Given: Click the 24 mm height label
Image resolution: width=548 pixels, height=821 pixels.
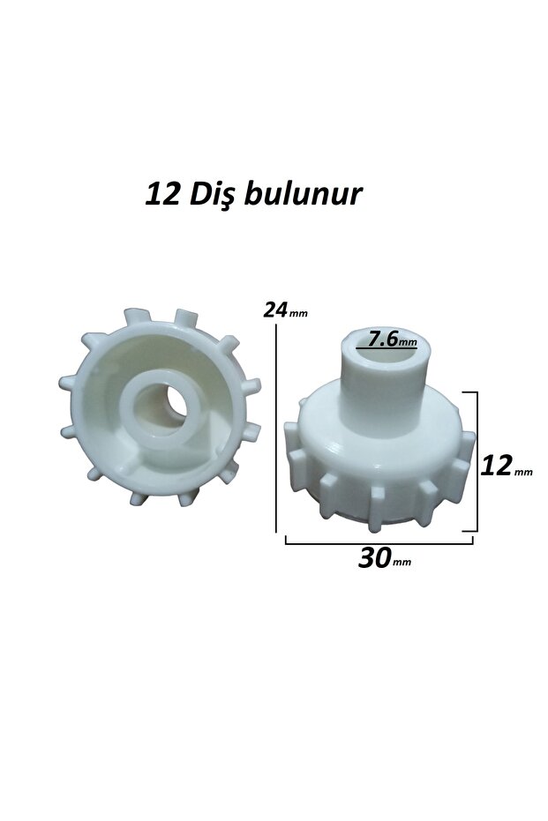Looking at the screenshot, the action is pos(285,310).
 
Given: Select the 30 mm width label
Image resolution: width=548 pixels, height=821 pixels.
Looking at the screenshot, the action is pos(385,558).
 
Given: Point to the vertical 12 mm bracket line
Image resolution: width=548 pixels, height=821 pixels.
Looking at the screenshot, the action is pos(477,461).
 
